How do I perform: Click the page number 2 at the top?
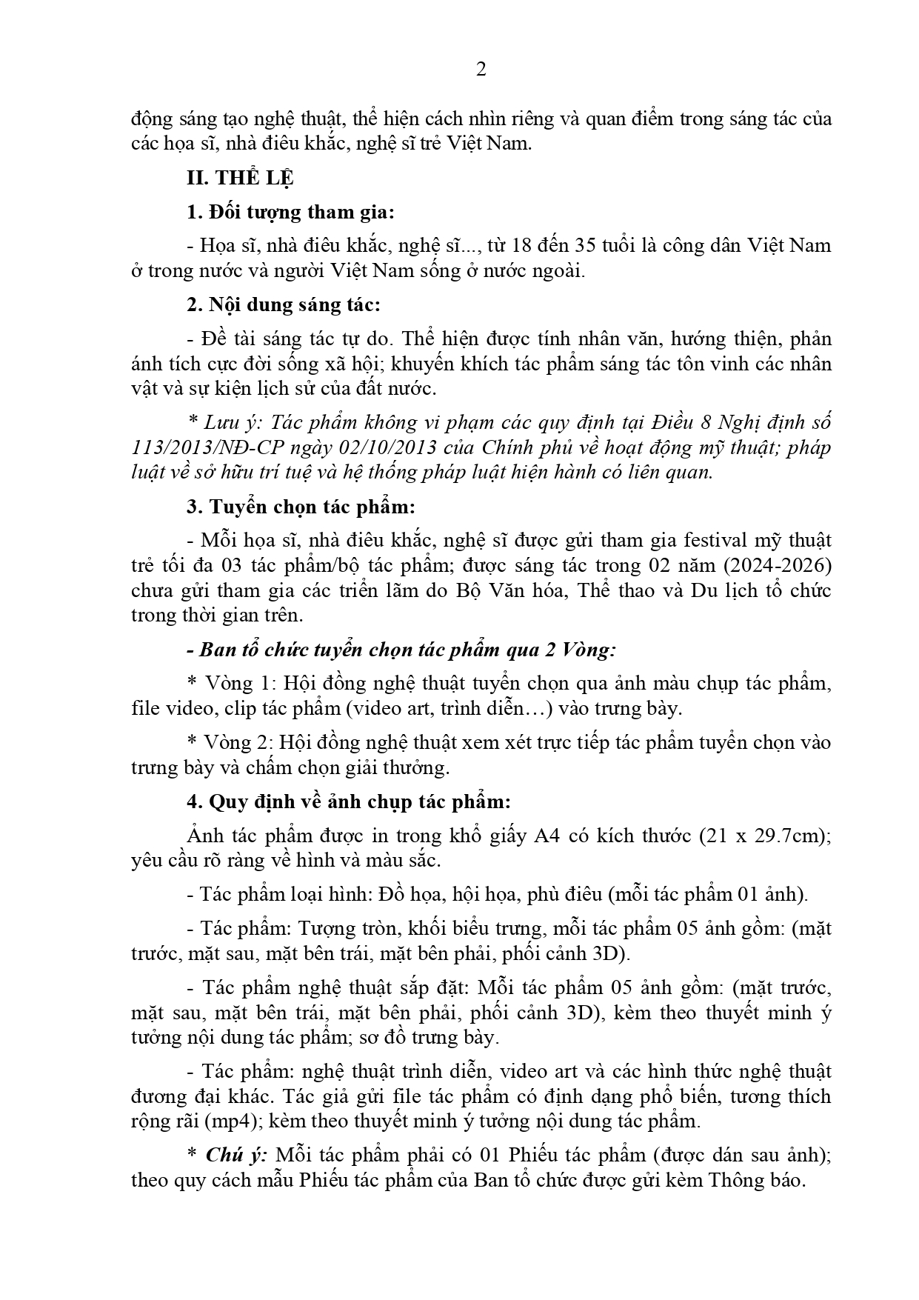pos(481,70)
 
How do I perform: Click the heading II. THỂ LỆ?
pos(240,179)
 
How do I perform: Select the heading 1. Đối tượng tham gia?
pos(290,213)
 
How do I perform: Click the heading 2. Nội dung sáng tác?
pos(284,305)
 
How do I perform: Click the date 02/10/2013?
pos(429,448)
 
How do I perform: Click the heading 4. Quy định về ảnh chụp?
pos(349,802)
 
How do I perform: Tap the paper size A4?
pos(552,836)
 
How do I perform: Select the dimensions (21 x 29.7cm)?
pos(762,836)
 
